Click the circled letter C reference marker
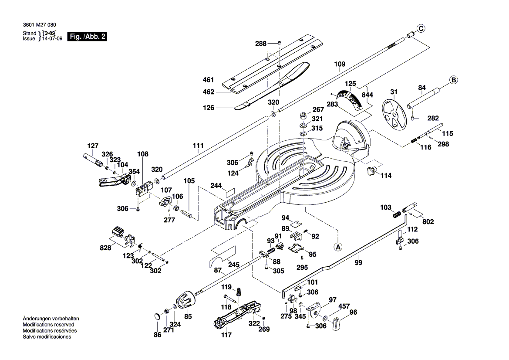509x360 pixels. (x=421, y=28)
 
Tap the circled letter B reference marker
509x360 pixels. (x=453, y=80)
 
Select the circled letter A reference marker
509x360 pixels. (x=338, y=247)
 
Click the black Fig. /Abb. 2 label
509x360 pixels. (x=88, y=37)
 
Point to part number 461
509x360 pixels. (x=209, y=80)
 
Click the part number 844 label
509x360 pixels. (x=367, y=95)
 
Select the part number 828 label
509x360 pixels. (x=105, y=248)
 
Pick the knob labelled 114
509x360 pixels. (x=371, y=170)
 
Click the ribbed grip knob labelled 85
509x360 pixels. (x=185, y=301)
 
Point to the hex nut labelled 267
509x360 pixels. (x=303, y=116)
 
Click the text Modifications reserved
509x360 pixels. (x=48, y=325)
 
